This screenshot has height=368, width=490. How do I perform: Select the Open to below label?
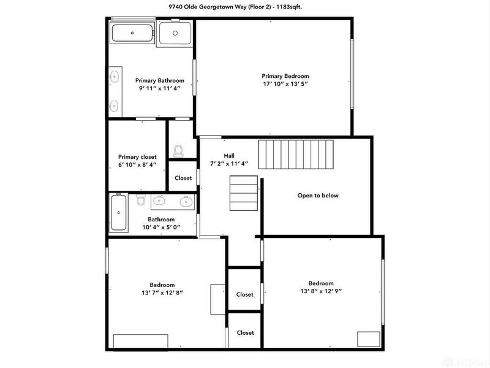tap(318, 196)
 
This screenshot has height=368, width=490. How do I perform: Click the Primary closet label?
tap(137, 157)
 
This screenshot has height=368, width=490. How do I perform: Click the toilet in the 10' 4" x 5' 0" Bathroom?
tap(140, 200)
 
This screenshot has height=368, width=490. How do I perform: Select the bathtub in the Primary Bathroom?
tap(132, 34)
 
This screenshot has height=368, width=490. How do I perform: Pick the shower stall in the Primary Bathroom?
tap(175, 34)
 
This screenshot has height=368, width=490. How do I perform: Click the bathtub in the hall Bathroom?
tap(118, 212)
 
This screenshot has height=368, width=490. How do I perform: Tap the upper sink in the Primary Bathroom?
tap(114, 77)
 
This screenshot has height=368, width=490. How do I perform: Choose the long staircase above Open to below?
tap(295, 154)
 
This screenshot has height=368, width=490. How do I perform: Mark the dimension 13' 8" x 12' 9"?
tap(320, 292)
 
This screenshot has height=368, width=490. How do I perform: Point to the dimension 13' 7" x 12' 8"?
tap(162, 293)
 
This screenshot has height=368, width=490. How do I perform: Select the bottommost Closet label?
tap(245, 332)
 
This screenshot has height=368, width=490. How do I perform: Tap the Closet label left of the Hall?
tap(183, 178)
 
